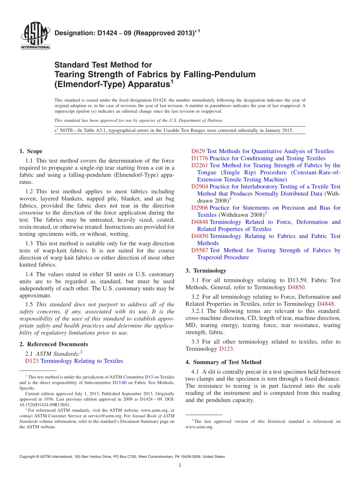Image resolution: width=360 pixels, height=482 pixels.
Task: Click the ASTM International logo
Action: pyautogui.click(x=35, y=36)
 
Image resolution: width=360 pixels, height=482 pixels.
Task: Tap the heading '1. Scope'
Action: pyautogui.click(x=31, y=151)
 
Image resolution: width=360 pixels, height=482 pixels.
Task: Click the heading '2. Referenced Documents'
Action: pyautogui.click(x=54, y=344)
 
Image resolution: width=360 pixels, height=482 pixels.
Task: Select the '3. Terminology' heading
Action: pyautogui.click(x=206, y=271)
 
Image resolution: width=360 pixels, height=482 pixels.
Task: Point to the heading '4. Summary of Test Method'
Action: pyautogui.click(x=223, y=362)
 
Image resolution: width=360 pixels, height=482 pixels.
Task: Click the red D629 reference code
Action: pyautogui.click(x=198, y=151)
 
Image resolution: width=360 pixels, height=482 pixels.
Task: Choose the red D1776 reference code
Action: pyautogui.click(x=200, y=158)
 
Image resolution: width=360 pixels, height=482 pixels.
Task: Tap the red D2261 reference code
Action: pyautogui.click(x=200, y=165)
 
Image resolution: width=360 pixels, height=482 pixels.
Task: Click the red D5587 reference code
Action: pyautogui.click(x=200, y=250)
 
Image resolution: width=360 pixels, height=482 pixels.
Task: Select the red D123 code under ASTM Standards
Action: pyautogui.click(x=32, y=361)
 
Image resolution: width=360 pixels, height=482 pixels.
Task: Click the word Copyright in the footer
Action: pyautogui.click(x=29, y=457)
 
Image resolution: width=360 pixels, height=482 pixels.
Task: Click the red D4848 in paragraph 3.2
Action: pyautogui.click(x=325, y=304)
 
